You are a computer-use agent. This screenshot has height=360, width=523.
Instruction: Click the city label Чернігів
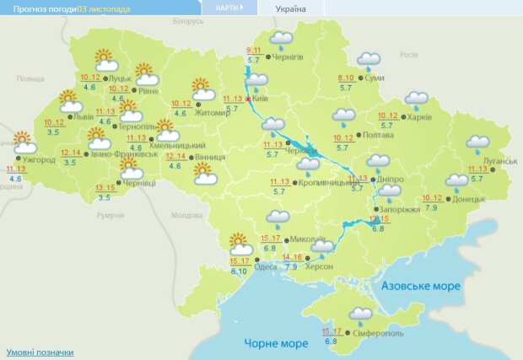point(288,57)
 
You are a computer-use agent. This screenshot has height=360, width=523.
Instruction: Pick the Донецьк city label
point(471,200)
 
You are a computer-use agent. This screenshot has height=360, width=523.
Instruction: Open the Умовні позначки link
point(40,352)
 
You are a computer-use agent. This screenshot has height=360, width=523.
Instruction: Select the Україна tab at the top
point(291,9)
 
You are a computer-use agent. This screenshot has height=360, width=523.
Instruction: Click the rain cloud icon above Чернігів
point(281,40)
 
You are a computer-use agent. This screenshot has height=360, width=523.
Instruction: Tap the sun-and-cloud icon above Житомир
point(202,89)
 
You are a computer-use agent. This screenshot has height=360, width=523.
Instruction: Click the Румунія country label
point(111,215)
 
